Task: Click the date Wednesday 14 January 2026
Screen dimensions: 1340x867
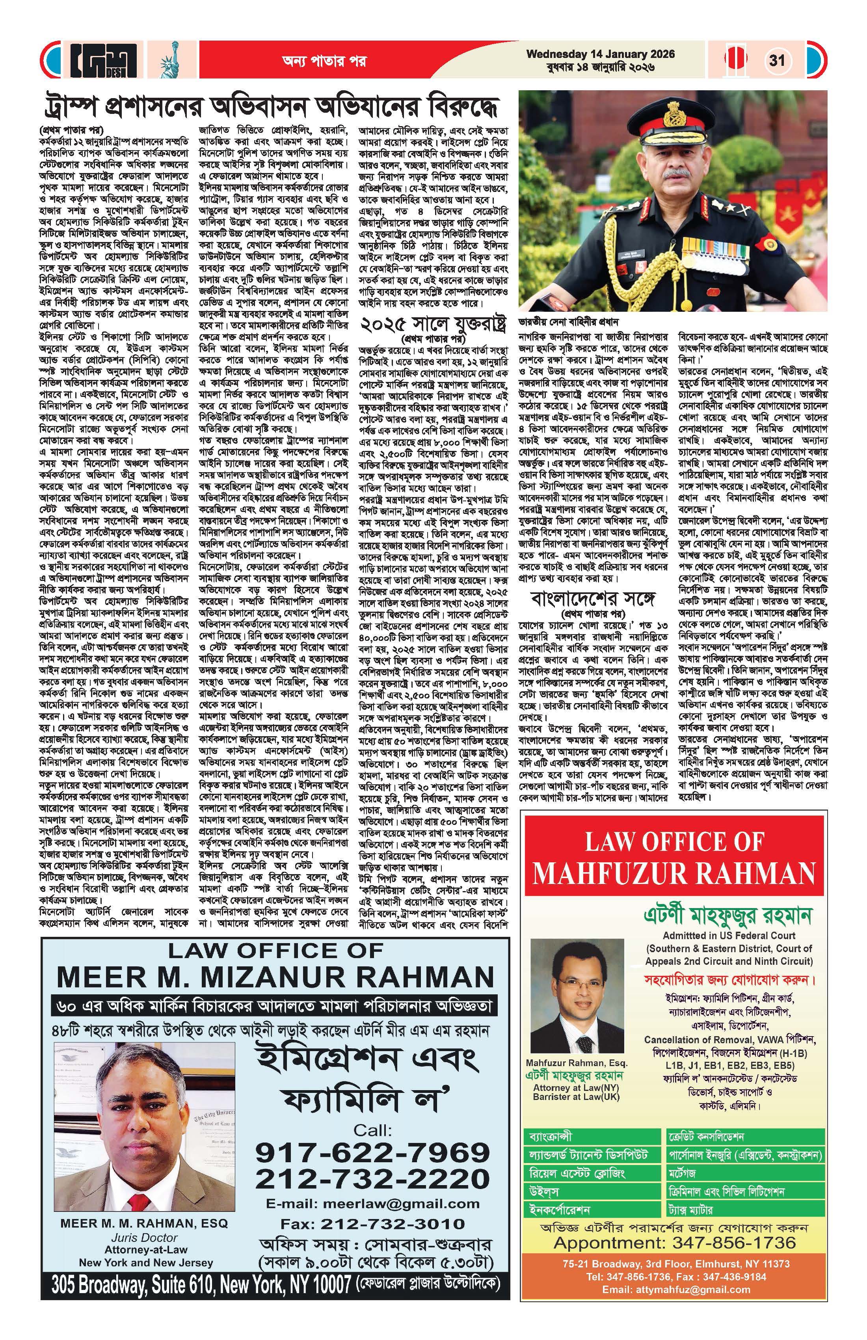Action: tap(600, 55)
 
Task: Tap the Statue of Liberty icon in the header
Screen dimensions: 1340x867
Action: tap(169, 60)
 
